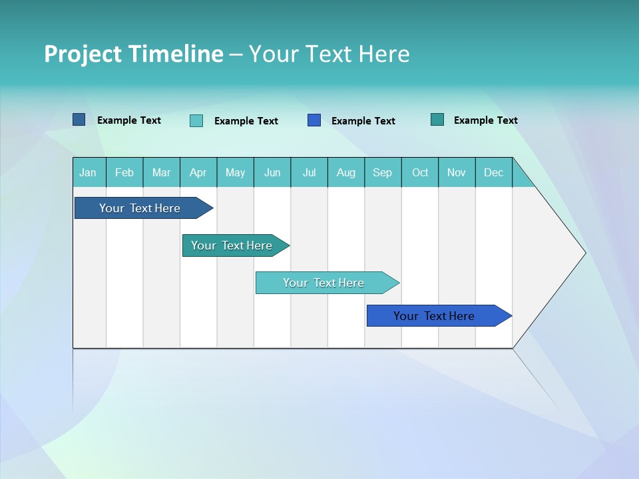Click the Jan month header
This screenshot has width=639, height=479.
[89, 172]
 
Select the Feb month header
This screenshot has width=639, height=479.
[124, 172]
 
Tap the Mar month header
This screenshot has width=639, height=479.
[161, 172]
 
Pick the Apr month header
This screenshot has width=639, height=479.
[198, 172]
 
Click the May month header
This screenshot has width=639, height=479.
[235, 172]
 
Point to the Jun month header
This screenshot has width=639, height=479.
[272, 172]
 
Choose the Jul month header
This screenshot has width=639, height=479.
[309, 172]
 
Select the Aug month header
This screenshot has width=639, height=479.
[346, 172]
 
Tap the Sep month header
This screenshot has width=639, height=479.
[383, 172]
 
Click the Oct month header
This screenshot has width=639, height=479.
[420, 172]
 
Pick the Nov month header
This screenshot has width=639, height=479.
[457, 172]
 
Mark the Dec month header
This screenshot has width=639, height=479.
[494, 172]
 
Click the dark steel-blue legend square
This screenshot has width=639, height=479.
[79, 120]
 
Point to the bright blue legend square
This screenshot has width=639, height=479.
[314, 120]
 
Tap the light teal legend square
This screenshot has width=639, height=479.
[196, 120]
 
